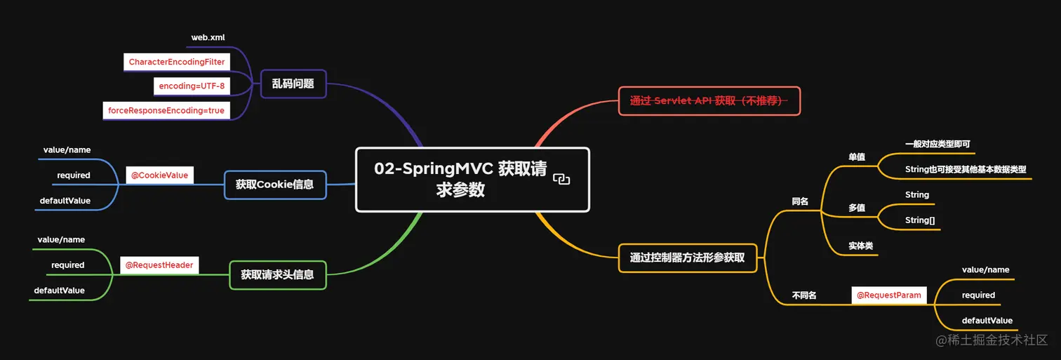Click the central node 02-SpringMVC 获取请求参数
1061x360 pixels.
[x=463, y=179]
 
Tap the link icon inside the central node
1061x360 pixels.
[x=561, y=180]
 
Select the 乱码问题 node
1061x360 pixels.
[x=293, y=84]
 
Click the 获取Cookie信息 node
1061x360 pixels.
[x=274, y=185]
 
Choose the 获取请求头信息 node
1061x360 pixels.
[x=277, y=274]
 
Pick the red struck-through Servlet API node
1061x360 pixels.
[x=709, y=101]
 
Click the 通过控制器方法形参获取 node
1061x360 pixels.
[x=687, y=258]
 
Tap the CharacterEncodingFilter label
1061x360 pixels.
[x=177, y=62]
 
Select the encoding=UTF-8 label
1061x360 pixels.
[x=192, y=86]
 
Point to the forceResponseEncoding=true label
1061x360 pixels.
[x=166, y=111]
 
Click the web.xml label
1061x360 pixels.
[x=208, y=37]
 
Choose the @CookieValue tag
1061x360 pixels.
[x=160, y=175]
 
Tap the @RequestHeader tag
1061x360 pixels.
[x=159, y=265]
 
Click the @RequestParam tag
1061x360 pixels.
[x=888, y=295]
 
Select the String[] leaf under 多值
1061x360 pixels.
[x=920, y=220]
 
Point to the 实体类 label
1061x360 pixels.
[x=861, y=246]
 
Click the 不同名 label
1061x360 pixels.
[x=804, y=295]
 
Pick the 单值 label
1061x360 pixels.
[x=857, y=157]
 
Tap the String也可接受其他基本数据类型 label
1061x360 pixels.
[x=966, y=169]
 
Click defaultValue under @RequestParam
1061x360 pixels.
[x=987, y=321]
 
